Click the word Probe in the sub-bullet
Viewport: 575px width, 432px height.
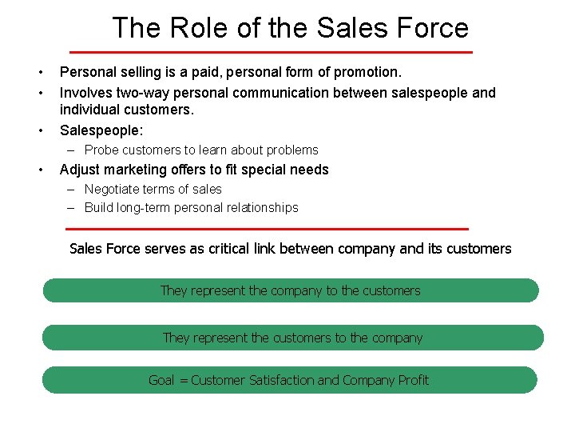pyautogui.click(x=101, y=150)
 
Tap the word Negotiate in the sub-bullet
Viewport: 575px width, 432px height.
pyautogui.click(x=113, y=190)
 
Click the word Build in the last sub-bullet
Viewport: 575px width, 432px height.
pyautogui.click(x=100, y=208)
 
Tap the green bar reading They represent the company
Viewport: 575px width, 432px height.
pyautogui.click(x=291, y=290)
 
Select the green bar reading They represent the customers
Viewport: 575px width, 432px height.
pyautogui.click(x=292, y=338)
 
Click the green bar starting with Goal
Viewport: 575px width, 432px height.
pyautogui.click(x=289, y=380)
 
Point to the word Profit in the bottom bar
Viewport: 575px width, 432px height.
pyautogui.click(x=414, y=380)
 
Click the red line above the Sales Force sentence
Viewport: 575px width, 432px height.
pyautogui.click(x=268, y=229)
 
